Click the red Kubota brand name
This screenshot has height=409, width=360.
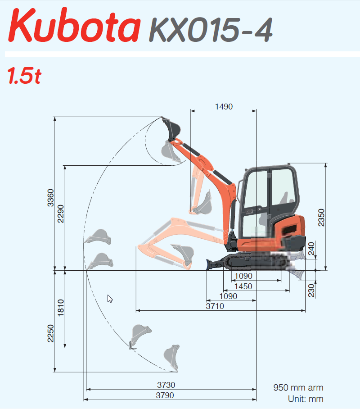pos(74,25)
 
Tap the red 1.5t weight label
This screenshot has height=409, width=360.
pos(24,76)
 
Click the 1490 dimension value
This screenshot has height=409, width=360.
pos(224,106)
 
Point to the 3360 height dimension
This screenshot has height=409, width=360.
pos(50,198)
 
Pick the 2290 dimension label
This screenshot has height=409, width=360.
pos(60,214)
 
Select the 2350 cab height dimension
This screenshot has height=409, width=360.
pos(321,218)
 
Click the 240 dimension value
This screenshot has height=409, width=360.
pos(311,249)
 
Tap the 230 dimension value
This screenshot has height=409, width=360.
pos(311,291)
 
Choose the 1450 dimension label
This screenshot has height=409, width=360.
pos(243,286)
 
